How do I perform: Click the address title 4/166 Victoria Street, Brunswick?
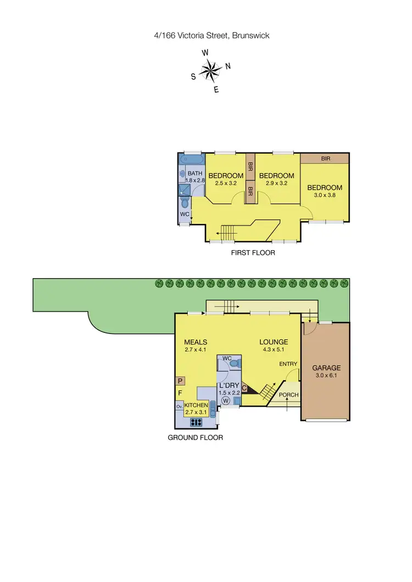click(x=211, y=36)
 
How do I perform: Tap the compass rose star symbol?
click(x=209, y=70)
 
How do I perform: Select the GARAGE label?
click(x=327, y=368)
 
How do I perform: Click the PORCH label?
click(x=289, y=395)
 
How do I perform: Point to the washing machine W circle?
click(x=225, y=401)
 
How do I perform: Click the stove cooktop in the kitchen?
click(x=196, y=422)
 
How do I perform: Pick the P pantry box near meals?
click(x=180, y=381)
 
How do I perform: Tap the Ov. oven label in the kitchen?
click(x=179, y=406)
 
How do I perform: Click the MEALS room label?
click(x=196, y=342)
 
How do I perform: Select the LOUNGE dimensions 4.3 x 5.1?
click(x=274, y=349)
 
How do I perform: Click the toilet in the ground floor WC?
click(x=234, y=363)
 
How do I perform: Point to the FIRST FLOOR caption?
click(x=253, y=253)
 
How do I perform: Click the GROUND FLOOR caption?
click(x=195, y=438)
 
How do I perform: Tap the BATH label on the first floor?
click(x=195, y=173)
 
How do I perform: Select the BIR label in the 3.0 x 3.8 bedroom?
click(x=325, y=158)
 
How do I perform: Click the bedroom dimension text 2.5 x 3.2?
click(x=226, y=183)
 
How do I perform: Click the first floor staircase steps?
click(x=227, y=232)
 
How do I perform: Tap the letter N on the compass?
click(x=228, y=66)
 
